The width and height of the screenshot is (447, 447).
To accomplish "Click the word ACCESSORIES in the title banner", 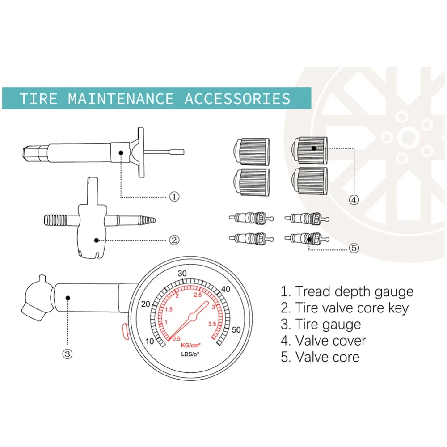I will tap(237, 98).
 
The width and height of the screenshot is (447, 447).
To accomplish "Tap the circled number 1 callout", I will tap(174, 196).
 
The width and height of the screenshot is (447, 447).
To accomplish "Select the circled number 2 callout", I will tap(174, 240).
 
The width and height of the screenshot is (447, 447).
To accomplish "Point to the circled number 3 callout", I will tap(67, 354).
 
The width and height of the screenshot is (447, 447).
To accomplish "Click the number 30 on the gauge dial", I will tap(182, 274).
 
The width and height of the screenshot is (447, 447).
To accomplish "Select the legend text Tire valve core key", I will tap(351, 308).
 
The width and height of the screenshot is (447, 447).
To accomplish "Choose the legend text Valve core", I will tap(327, 357).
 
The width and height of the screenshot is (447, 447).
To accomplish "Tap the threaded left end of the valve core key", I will tap(55, 220).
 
